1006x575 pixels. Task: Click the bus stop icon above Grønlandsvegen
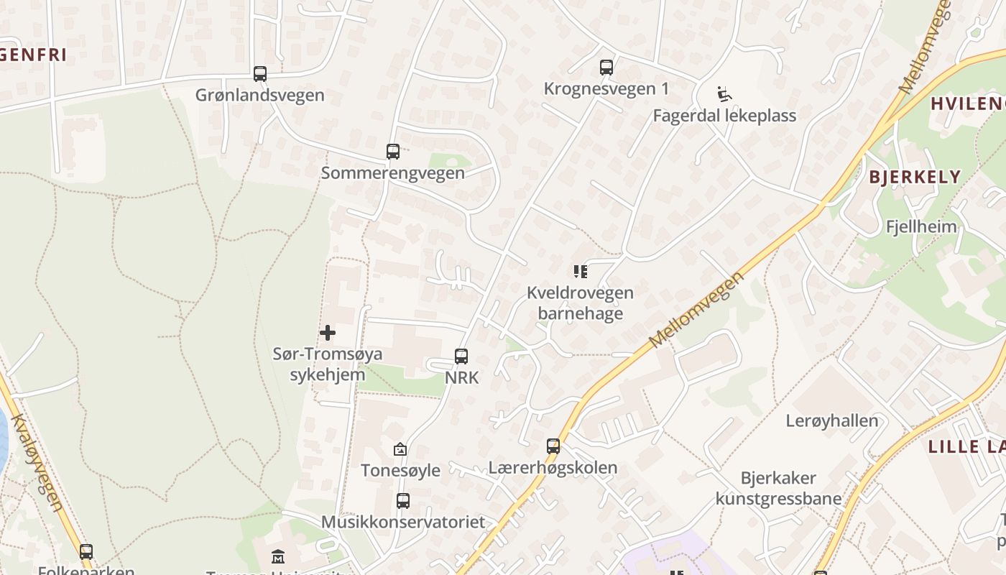point(260,74)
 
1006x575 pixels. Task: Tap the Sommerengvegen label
point(392,173)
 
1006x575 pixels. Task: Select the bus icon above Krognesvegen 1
point(606,68)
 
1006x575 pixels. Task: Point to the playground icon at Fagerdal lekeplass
point(724,94)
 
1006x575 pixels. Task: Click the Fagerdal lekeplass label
point(724,116)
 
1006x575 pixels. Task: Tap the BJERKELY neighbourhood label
point(915,177)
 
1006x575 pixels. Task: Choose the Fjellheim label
point(921,227)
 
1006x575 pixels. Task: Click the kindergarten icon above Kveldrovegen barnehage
point(581,272)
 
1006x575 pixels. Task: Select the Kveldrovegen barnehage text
point(581,303)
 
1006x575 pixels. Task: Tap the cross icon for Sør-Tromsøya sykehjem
point(328,333)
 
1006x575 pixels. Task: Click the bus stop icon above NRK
point(461,356)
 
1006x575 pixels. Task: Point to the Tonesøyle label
point(400,471)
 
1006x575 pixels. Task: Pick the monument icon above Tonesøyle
point(400,450)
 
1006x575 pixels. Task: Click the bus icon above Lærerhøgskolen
point(553,446)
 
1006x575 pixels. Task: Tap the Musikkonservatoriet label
point(403,522)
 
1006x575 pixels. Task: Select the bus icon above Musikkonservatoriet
point(403,501)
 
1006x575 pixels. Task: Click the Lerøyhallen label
point(832,421)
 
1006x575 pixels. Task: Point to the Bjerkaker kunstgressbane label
point(778,488)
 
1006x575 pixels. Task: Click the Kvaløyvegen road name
point(38,464)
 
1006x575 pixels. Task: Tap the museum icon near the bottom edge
point(278,556)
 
